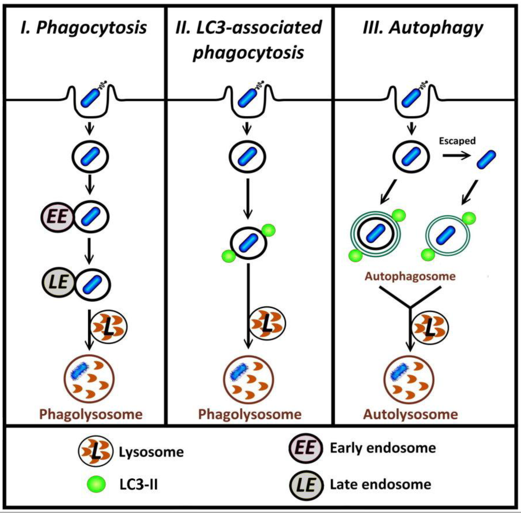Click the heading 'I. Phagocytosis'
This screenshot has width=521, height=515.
click(x=83, y=27)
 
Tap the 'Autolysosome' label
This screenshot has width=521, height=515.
click(x=411, y=414)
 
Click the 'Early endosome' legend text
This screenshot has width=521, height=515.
click(x=383, y=448)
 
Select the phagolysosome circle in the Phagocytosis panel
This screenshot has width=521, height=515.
click(x=90, y=379)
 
